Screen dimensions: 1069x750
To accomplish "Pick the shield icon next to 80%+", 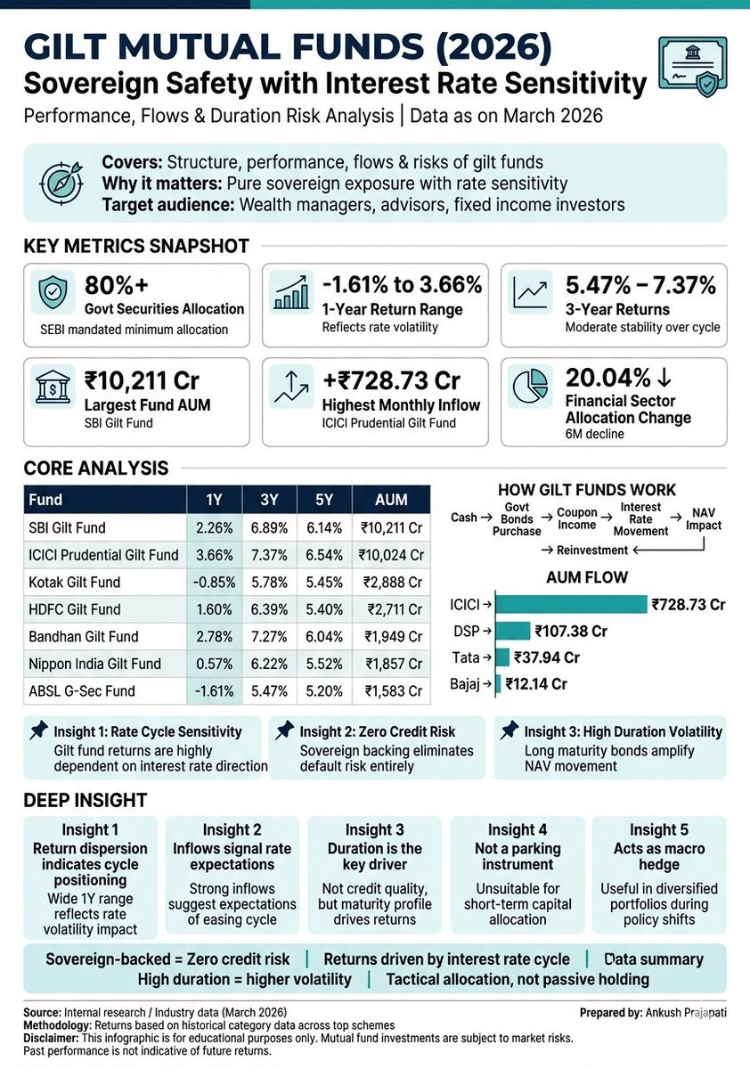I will click(x=53, y=291).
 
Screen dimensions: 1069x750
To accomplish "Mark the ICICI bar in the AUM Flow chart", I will click(x=570, y=605).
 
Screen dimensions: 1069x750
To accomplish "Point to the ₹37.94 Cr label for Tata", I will click(x=547, y=657).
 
